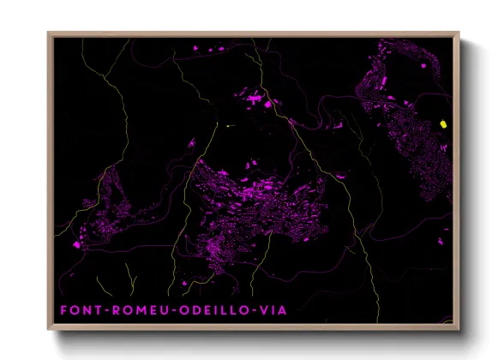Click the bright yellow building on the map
(443, 124)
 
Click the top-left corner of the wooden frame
(49, 33)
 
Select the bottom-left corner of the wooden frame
(49, 330)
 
